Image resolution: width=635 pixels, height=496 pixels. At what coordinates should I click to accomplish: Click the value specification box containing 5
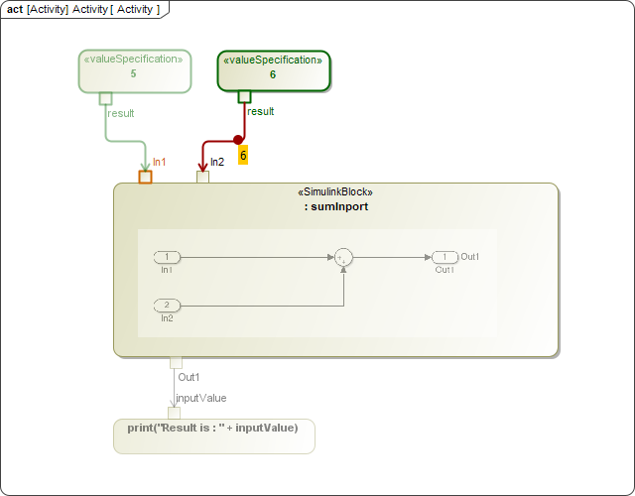point(134,70)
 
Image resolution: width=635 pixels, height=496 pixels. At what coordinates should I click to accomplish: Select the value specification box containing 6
point(273,70)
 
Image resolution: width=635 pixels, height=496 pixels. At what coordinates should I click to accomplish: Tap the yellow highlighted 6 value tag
point(243,155)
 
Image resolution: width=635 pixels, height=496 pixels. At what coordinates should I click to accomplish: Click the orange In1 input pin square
point(145,178)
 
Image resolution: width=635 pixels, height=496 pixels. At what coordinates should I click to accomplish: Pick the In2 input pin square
point(202,178)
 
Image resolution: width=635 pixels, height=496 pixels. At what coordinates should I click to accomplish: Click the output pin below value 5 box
point(105,97)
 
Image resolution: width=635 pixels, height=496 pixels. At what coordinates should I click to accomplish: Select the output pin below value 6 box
point(244,96)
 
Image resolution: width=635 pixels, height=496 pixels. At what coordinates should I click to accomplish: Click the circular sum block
point(343,257)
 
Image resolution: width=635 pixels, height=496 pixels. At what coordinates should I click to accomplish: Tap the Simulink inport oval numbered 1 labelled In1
point(167,257)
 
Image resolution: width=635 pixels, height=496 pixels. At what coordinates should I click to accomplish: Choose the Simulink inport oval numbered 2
point(167,305)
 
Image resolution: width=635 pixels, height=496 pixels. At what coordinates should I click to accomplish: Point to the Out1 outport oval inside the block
point(444,257)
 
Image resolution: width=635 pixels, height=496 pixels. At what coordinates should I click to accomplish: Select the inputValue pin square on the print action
point(174,413)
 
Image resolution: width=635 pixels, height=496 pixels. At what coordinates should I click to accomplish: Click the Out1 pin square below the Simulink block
point(176,362)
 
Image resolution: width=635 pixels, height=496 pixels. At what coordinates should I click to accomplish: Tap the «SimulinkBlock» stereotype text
point(335,192)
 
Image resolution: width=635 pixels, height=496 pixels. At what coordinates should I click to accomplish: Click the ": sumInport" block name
point(336,207)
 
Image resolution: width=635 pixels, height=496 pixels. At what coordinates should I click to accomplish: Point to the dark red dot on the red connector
point(238,140)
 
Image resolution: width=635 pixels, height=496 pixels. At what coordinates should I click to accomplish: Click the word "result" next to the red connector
point(261,112)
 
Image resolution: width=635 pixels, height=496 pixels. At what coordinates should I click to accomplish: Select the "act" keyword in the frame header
point(15,9)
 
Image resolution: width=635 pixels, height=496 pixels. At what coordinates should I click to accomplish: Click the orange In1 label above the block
point(159,162)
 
